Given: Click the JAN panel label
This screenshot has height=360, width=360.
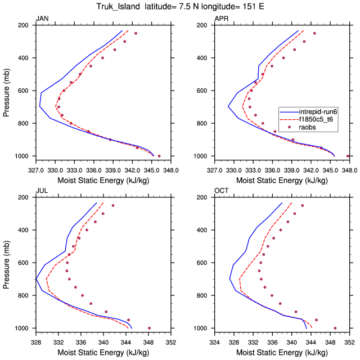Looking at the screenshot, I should [x=42, y=19].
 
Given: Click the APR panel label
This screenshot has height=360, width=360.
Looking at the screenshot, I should [x=221, y=19].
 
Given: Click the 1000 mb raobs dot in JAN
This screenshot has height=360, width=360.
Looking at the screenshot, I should [x=159, y=156].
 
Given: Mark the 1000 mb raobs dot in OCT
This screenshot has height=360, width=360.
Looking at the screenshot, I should [x=335, y=328].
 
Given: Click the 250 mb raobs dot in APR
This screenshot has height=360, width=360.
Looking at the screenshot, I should [x=314, y=33].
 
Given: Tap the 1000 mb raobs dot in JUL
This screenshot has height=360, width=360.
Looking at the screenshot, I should [x=149, y=328].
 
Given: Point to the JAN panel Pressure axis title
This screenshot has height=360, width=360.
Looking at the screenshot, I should [x=7, y=90].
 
